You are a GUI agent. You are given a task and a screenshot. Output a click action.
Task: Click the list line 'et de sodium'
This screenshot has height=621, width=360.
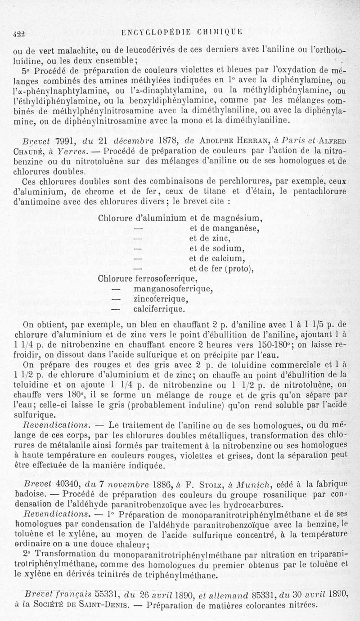tap(216, 248)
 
